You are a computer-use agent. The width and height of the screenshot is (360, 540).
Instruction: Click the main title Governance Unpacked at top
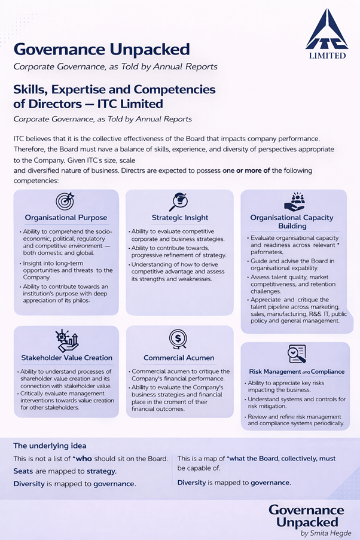(102, 49)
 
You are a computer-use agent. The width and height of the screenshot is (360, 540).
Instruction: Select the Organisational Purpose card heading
(66, 218)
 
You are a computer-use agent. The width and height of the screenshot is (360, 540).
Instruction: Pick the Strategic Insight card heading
(179, 218)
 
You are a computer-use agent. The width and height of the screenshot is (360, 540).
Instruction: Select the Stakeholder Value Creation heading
(66, 358)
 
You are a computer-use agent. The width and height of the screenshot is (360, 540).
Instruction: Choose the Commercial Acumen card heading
(179, 358)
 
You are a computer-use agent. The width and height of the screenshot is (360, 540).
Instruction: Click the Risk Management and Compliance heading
(296, 371)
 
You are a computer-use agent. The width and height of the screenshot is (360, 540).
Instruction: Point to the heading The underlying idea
(50, 446)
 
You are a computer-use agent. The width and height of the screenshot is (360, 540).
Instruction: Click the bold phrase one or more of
(246, 170)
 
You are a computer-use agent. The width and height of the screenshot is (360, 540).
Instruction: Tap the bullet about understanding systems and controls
(295, 402)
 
